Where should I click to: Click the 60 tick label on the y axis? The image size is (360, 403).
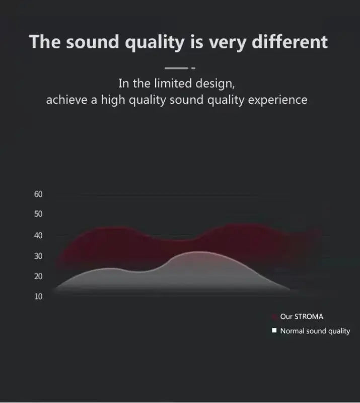39,194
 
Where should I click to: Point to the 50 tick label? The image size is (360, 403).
39,214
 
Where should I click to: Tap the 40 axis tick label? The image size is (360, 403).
39,236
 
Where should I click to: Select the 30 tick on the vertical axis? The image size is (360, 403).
39,256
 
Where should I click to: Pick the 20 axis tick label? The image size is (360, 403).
39,277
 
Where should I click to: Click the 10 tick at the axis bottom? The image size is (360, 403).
39,296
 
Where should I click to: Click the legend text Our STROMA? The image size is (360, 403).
302,317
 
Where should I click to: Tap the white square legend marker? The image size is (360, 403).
274,331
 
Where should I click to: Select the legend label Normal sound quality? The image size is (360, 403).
315,331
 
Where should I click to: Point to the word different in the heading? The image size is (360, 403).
290,41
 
